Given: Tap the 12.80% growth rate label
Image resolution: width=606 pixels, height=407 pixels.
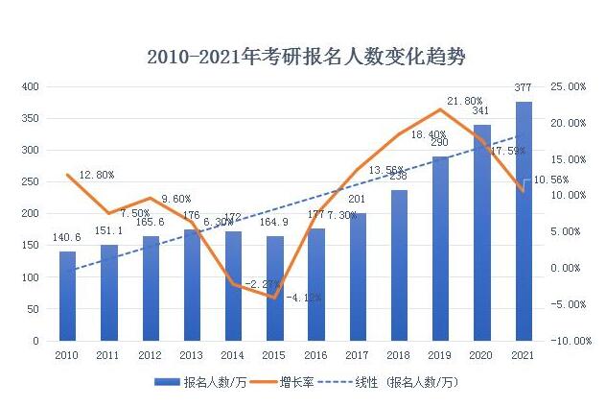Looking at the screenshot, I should (x=96, y=175).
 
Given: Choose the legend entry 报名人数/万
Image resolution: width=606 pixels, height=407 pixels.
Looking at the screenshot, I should (x=197, y=382).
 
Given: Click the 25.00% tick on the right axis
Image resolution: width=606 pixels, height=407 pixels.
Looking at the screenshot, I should (x=569, y=86).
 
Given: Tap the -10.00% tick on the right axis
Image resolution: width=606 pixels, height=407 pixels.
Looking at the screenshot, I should (x=567, y=341).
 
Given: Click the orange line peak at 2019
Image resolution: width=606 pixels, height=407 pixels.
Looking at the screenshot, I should (x=440, y=109).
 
